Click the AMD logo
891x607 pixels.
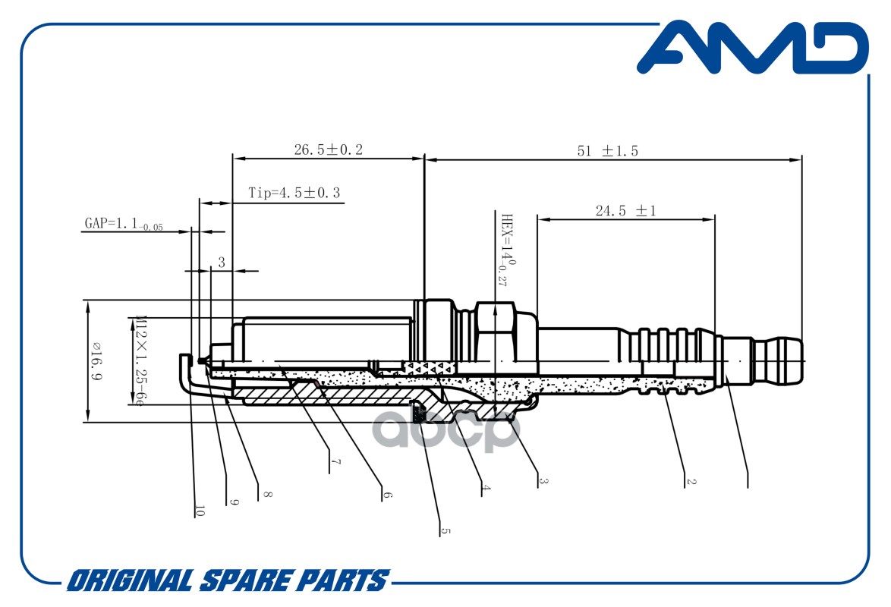click(751, 48)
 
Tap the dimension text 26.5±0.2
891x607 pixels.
click(328, 150)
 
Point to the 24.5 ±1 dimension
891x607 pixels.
click(625, 212)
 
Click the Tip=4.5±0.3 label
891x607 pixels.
click(294, 193)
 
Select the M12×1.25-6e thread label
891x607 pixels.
click(140, 360)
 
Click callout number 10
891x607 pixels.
click(200, 511)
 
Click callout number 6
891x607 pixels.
click(387, 494)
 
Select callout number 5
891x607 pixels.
click(445, 531)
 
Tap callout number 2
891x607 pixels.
click(691, 480)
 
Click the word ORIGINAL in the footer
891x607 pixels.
click(129, 580)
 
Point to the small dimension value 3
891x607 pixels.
click(222, 263)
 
